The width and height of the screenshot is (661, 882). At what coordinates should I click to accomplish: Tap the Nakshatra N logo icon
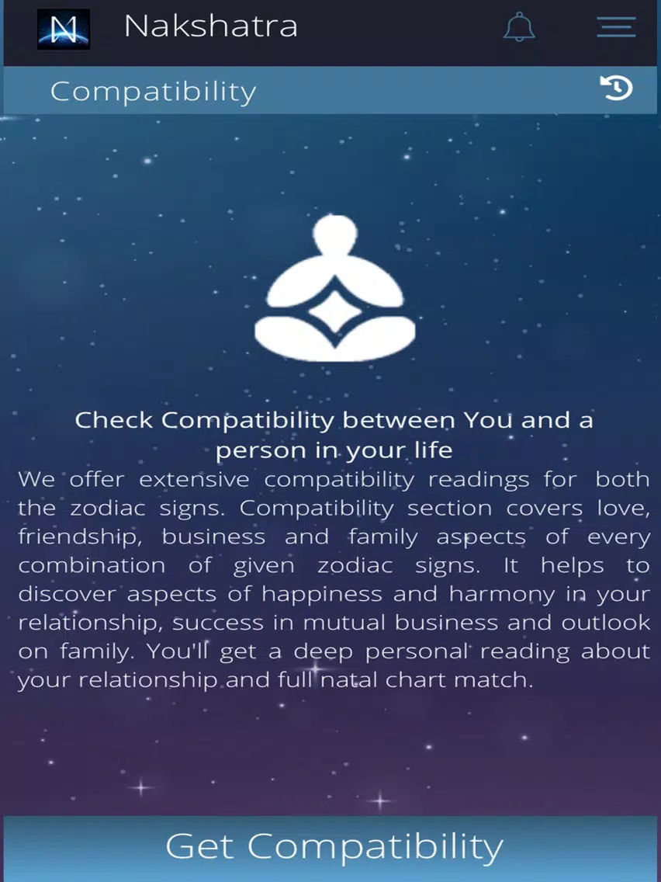[64, 29]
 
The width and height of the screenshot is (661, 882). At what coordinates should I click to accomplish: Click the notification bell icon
[519, 26]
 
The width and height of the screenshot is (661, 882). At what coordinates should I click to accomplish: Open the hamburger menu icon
[616, 27]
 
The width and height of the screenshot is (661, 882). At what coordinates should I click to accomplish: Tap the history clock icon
[616, 89]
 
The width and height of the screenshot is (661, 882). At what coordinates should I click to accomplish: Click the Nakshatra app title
[211, 26]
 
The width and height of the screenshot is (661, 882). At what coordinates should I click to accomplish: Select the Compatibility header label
[153, 92]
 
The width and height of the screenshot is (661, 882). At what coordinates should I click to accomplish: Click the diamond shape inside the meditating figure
[335, 311]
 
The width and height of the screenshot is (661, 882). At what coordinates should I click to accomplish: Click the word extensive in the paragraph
[195, 480]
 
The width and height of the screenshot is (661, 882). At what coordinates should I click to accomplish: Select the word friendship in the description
[79, 537]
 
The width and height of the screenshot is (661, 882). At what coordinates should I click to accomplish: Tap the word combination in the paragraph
[92, 565]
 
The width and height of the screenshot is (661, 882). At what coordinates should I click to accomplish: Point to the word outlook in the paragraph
[606, 623]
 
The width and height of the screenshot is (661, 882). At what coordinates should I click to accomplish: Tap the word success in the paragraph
[217, 623]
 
